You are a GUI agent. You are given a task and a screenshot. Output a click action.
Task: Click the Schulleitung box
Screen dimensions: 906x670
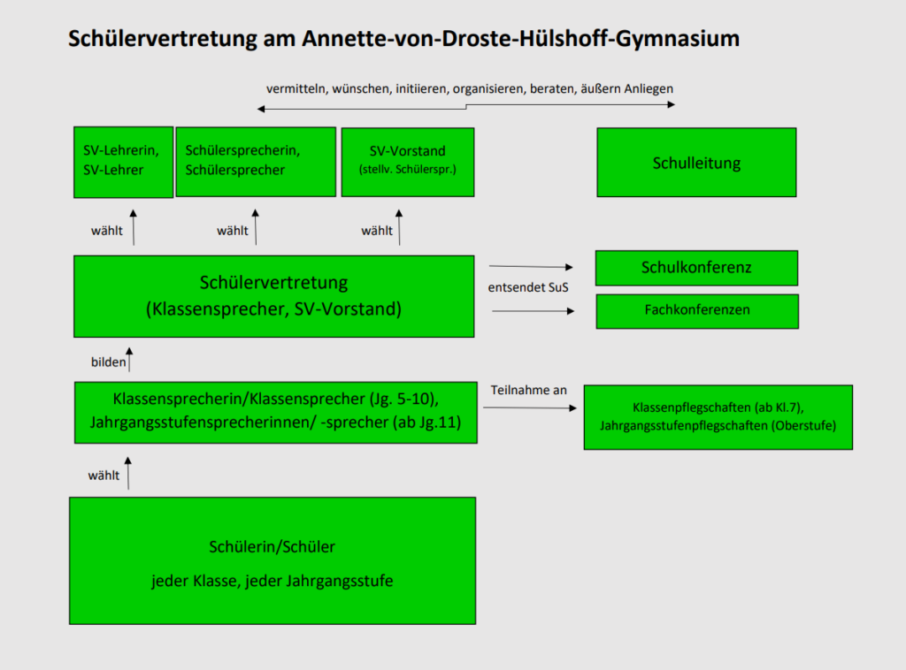(x=696, y=162)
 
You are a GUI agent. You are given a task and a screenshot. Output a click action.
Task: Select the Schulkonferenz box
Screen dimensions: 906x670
(x=696, y=268)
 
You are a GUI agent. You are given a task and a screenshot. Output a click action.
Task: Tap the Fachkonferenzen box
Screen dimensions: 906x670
(x=697, y=311)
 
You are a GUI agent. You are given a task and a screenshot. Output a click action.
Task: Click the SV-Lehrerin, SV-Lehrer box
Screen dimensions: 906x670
(x=123, y=162)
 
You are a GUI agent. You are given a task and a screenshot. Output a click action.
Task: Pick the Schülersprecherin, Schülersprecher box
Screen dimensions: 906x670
(x=256, y=162)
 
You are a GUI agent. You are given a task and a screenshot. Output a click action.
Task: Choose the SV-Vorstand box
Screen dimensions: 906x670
(x=407, y=162)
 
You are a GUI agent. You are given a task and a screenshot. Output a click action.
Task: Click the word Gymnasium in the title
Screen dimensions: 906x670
(x=677, y=39)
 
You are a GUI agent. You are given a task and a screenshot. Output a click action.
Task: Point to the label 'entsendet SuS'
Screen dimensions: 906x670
(x=528, y=287)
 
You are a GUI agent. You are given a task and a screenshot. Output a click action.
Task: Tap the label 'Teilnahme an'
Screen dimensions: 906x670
(x=529, y=390)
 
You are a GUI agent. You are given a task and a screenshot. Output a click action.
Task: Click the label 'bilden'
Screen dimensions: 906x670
(x=108, y=362)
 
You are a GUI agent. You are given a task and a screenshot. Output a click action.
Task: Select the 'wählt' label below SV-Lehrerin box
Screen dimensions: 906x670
(x=107, y=231)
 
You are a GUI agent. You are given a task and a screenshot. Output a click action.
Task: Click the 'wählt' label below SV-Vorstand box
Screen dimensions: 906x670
(x=377, y=231)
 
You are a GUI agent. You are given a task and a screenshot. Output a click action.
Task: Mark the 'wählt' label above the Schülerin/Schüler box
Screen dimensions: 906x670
(x=104, y=476)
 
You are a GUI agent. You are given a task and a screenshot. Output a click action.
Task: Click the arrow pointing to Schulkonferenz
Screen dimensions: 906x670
(x=531, y=267)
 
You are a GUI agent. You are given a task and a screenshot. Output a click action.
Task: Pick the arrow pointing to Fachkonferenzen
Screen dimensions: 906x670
(x=534, y=311)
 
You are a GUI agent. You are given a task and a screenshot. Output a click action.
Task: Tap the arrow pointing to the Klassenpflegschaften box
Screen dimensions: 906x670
(x=530, y=407)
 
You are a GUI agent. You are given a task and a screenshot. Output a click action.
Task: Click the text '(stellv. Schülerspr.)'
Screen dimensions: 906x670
(x=407, y=170)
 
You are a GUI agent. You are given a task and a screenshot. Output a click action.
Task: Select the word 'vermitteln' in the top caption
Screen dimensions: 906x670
(x=297, y=89)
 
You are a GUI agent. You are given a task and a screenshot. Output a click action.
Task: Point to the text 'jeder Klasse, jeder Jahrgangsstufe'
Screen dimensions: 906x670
(x=273, y=581)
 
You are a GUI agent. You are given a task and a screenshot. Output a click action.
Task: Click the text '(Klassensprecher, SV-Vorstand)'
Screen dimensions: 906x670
(x=274, y=309)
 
